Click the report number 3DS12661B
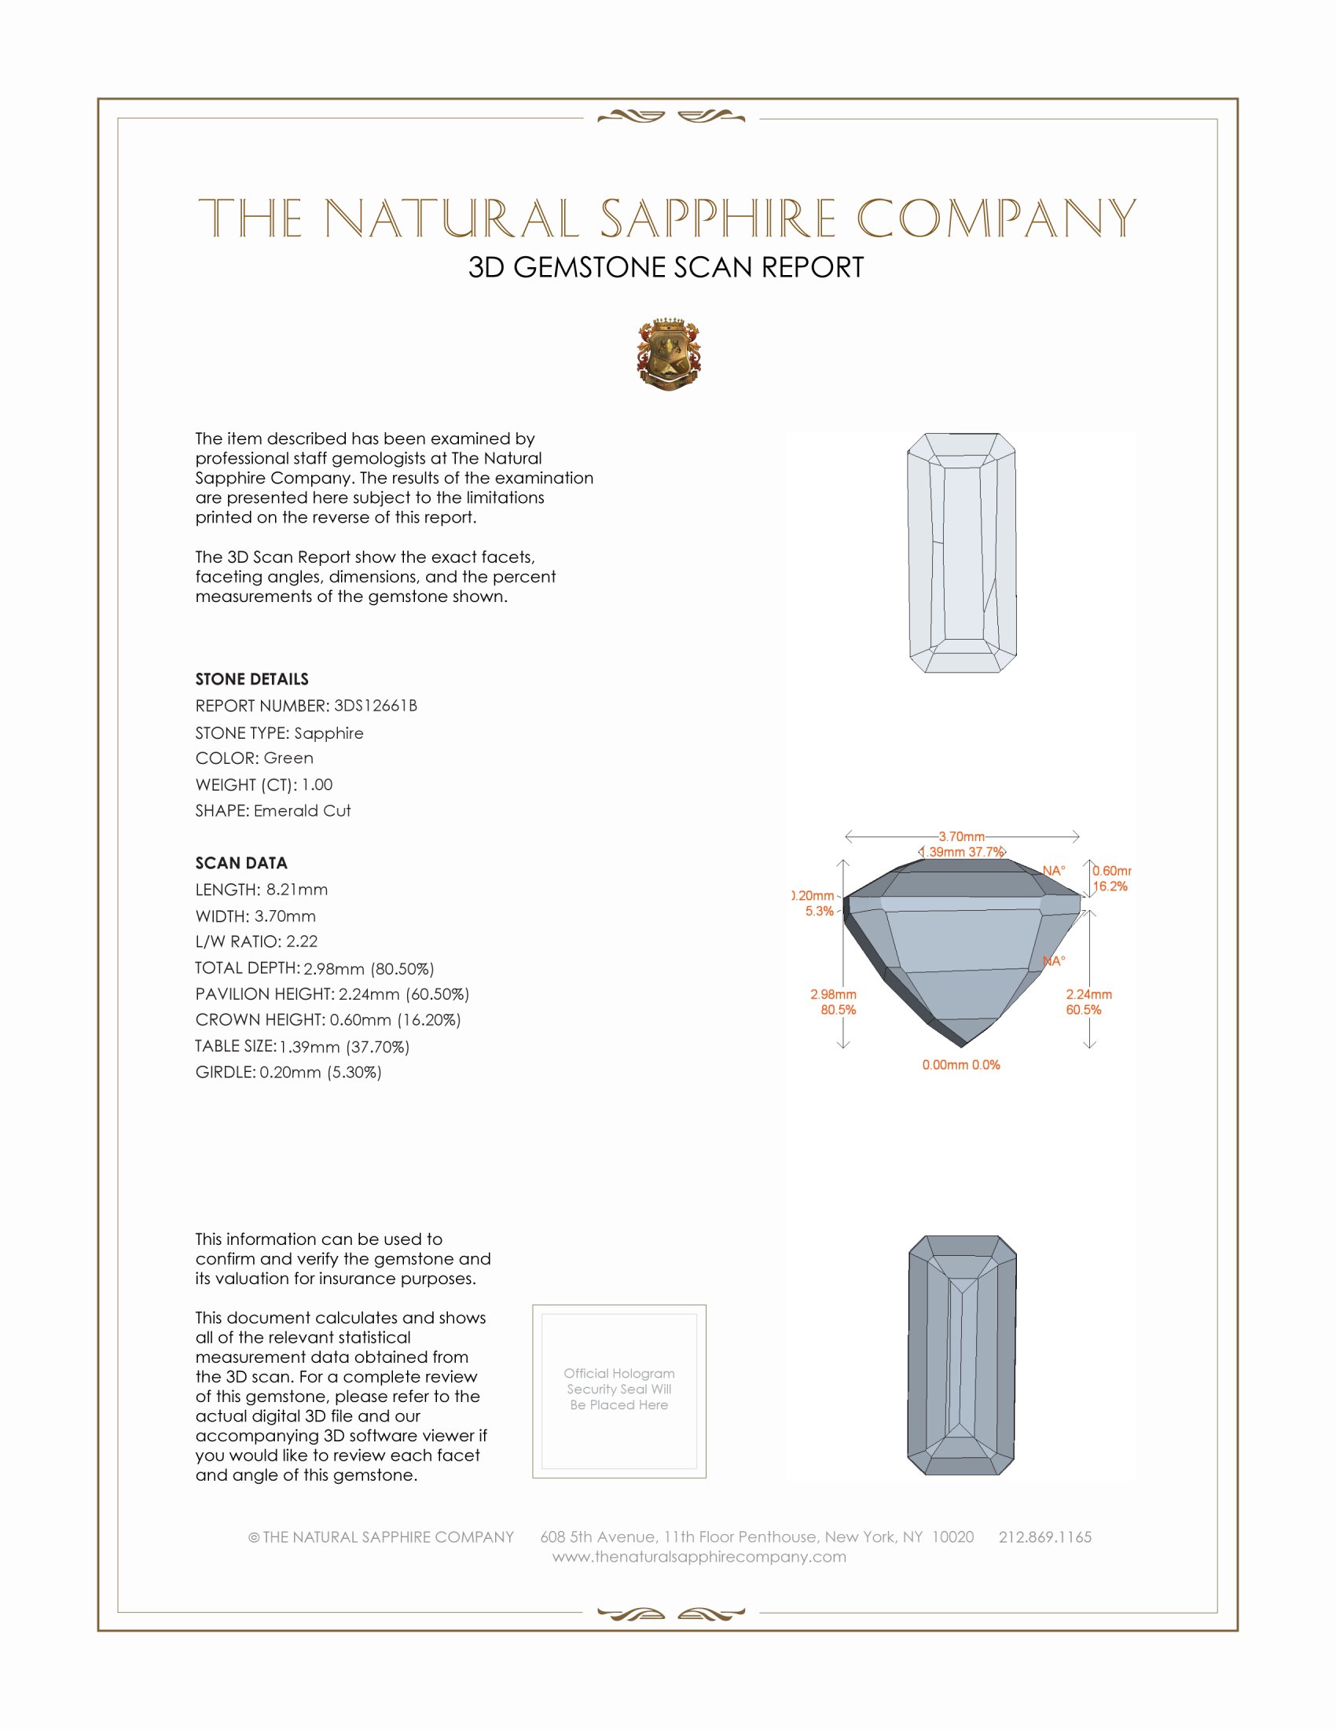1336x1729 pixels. click(375, 706)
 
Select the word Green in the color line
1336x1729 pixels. click(288, 758)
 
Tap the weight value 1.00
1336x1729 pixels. click(317, 784)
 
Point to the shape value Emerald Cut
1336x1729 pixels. click(302, 811)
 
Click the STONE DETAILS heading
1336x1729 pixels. click(251, 679)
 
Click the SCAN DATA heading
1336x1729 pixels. click(241, 863)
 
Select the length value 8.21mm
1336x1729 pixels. click(297, 890)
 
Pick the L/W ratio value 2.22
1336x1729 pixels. click(302, 942)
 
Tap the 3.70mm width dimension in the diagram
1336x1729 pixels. click(962, 836)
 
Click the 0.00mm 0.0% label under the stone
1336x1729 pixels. click(961, 1065)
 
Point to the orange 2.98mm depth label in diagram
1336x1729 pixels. click(832, 994)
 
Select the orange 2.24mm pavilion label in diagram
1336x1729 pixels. click(1088, 994)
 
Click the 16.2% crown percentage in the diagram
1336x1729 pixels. click(1110, 887)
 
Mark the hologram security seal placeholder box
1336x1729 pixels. click(619, 1391)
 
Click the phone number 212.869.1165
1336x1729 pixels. click(1044, 1537)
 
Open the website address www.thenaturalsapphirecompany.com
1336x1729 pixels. click(699, 1557)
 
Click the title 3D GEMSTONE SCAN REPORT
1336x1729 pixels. click(666, 267)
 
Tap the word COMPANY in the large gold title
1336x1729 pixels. click(996, 218)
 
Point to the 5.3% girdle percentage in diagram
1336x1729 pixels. click(819, 911)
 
